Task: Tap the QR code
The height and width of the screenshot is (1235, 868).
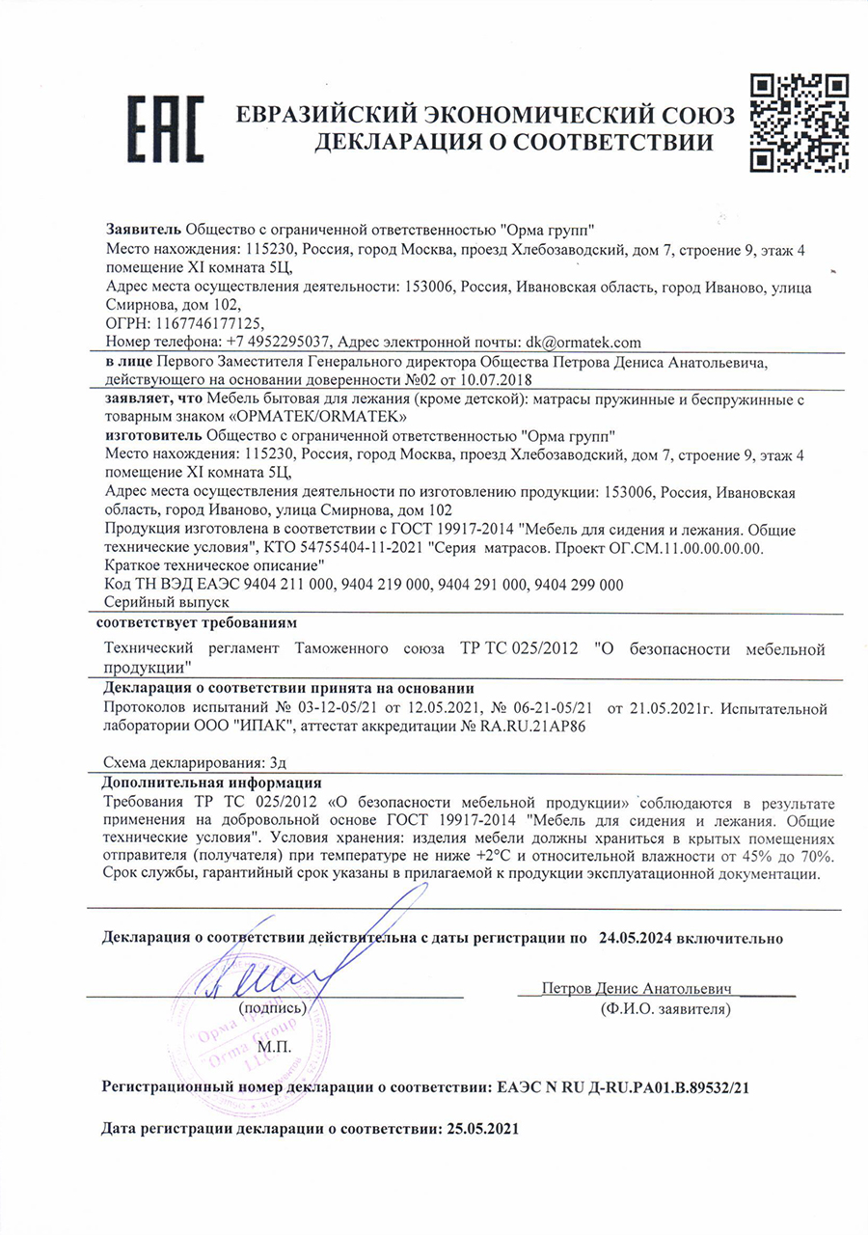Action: (800, 122)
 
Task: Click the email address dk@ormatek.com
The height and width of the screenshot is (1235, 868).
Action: (583, 343)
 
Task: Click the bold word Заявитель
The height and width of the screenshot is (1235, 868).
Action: (142, 231)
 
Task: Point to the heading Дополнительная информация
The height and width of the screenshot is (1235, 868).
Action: (211, 783)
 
